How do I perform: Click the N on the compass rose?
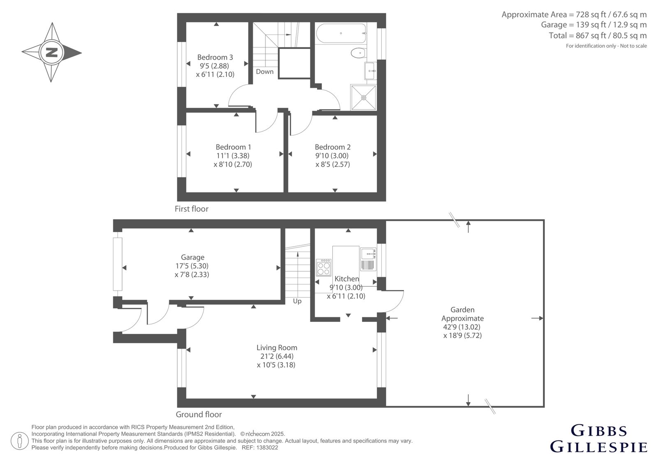point(52,53)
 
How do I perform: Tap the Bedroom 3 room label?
point(215,57)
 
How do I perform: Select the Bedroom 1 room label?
point(233,147)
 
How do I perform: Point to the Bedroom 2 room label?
point(333,147)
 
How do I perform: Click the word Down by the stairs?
point(265,72)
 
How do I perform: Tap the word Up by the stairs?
point(297,301)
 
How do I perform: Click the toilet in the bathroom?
point(358,53)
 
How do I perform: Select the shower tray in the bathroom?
point(364,97)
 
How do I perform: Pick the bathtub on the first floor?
point(341,33)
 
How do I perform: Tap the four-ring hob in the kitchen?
point(323,267)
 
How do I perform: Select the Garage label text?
point(192,257)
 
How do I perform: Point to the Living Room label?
point(277,347)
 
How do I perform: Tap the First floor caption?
point(192,209)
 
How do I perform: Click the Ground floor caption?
point(199,414)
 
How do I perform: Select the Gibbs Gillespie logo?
point(598,438)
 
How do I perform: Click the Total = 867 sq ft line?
point(598,35)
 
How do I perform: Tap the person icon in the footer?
point(19,441)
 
